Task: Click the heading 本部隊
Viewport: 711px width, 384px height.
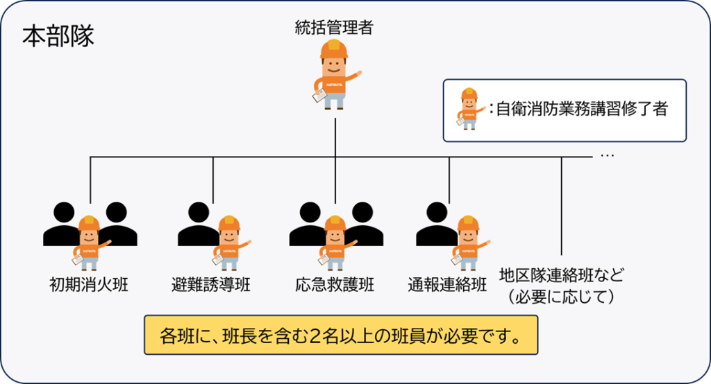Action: point(58,36)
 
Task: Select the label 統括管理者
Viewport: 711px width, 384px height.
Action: point(334,28)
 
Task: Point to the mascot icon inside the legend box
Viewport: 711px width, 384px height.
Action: point(469,110)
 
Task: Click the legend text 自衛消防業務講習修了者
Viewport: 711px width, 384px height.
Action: point(582,110)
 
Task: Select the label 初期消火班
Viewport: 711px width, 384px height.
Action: point(89,284)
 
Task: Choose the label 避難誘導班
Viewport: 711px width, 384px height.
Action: point(211,284)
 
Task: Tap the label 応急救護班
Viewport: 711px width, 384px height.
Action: point(334,284)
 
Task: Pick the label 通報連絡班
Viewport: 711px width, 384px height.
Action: point(448,284)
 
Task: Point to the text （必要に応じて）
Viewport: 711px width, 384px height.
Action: point(562,297)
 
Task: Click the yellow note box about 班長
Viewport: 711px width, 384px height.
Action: point(341,336)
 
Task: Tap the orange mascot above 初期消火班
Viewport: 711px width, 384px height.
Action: point(90,243)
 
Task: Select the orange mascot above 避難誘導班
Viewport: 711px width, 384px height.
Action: point(228,243)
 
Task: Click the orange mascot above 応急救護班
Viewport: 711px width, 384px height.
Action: point(335,243)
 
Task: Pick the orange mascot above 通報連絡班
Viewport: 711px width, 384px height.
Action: point(467,243)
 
